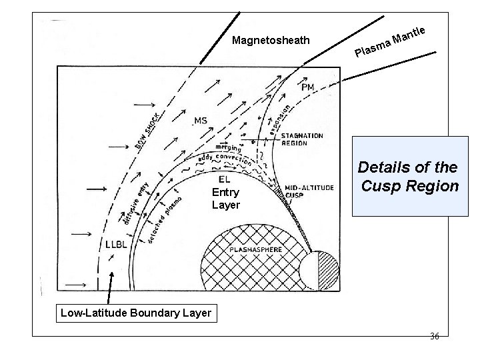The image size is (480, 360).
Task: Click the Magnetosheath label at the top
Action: pos(271,41)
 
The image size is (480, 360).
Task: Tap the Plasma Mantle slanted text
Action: pos(390,41)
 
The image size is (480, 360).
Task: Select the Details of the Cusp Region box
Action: pos(409,177)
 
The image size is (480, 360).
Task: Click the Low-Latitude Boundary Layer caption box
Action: pos(135,312)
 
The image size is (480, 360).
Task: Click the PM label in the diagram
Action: pos(308,87)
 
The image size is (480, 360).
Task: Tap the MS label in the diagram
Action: pos(200,121)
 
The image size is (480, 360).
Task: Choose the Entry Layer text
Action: pos(225,199)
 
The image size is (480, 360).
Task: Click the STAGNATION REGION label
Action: pos(302,139)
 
